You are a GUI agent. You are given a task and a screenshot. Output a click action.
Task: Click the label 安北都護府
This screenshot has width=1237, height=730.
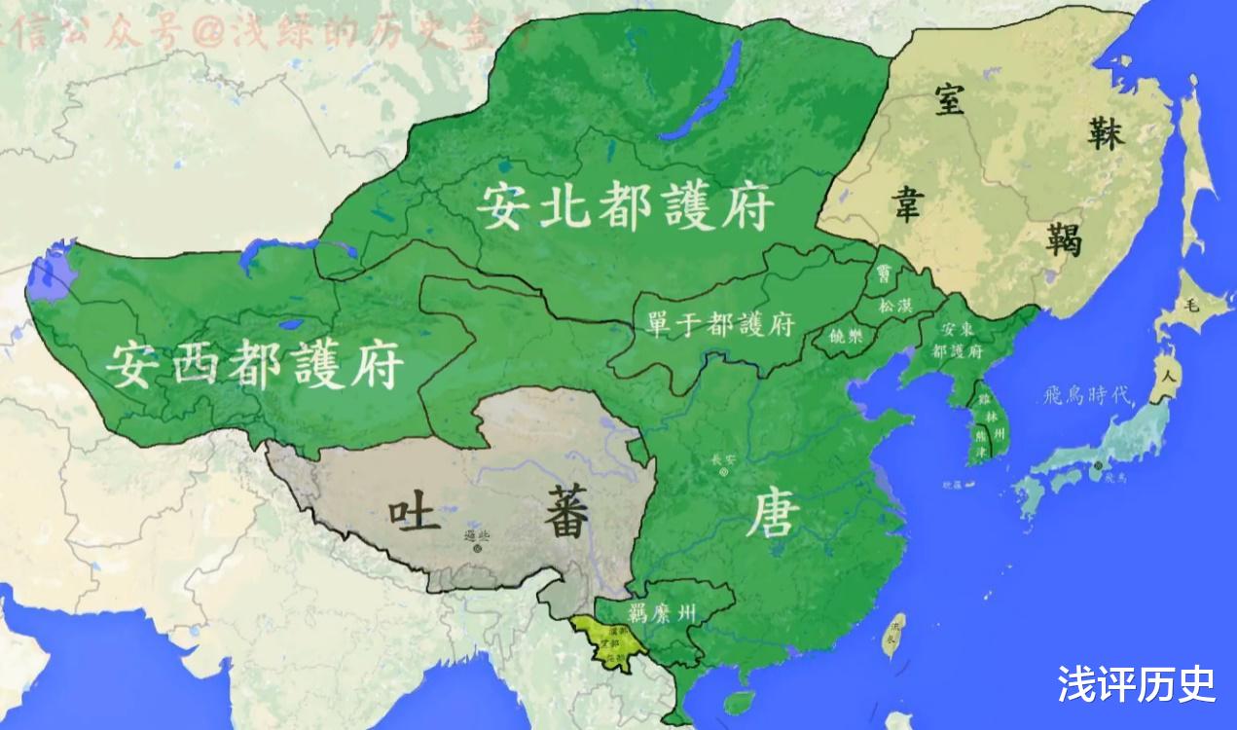click(626, 207)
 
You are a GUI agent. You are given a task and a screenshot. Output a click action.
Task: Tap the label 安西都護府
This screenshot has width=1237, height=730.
click(255, 363)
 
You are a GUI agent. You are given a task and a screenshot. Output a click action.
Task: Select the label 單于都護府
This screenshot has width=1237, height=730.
click(720, 323)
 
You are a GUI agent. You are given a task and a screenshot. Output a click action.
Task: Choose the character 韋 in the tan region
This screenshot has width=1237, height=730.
click(907, 205)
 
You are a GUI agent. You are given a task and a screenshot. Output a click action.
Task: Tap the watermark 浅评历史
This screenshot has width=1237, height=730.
click(1136, 684)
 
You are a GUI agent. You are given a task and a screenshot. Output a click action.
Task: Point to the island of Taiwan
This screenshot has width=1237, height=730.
click(892, 635)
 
